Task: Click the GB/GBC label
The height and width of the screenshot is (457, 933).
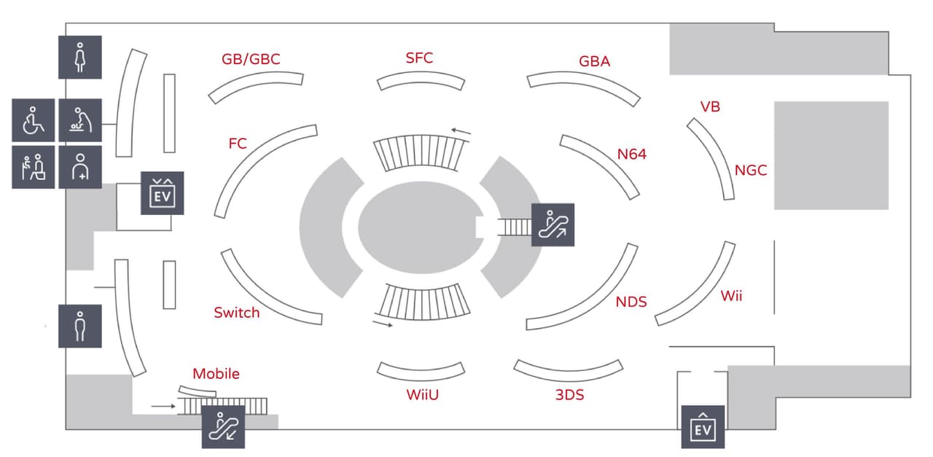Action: (x=251, y=59)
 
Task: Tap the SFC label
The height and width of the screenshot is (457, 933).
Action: (x=419, y=58)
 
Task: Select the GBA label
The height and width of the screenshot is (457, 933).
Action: (x=594, y=61)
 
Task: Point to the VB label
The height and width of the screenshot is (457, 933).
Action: (x=710, y=106)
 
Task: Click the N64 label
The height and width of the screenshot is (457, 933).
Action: (x=631, y=154)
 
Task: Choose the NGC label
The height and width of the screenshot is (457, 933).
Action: (x=751, y=170)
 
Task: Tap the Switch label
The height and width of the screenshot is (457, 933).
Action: (x=237, y=313)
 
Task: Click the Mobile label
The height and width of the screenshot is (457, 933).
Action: (x=216, y=374)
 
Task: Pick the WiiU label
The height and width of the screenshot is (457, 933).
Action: (x=422, y=394)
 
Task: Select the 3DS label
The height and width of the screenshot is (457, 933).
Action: (x=569, y=394)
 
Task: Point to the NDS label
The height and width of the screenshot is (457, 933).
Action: (x=631, y=302)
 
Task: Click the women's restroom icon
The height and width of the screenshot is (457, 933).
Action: (x=80, y=57)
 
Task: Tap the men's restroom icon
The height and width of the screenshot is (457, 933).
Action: (x=80, y=327)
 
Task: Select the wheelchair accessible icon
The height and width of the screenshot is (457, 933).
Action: (x=34, y=120)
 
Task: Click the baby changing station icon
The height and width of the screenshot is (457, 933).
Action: (x=80, y=120)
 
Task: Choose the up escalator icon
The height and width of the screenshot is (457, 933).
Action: (x=553, y=225)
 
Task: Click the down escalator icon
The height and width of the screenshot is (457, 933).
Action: (x=223, y=427)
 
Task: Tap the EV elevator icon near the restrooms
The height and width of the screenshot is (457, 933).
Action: (x=163, y=193)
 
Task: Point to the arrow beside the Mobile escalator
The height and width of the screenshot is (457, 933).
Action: (x=163, y=406)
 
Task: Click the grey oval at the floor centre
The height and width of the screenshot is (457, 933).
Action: (x=421, y=227)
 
